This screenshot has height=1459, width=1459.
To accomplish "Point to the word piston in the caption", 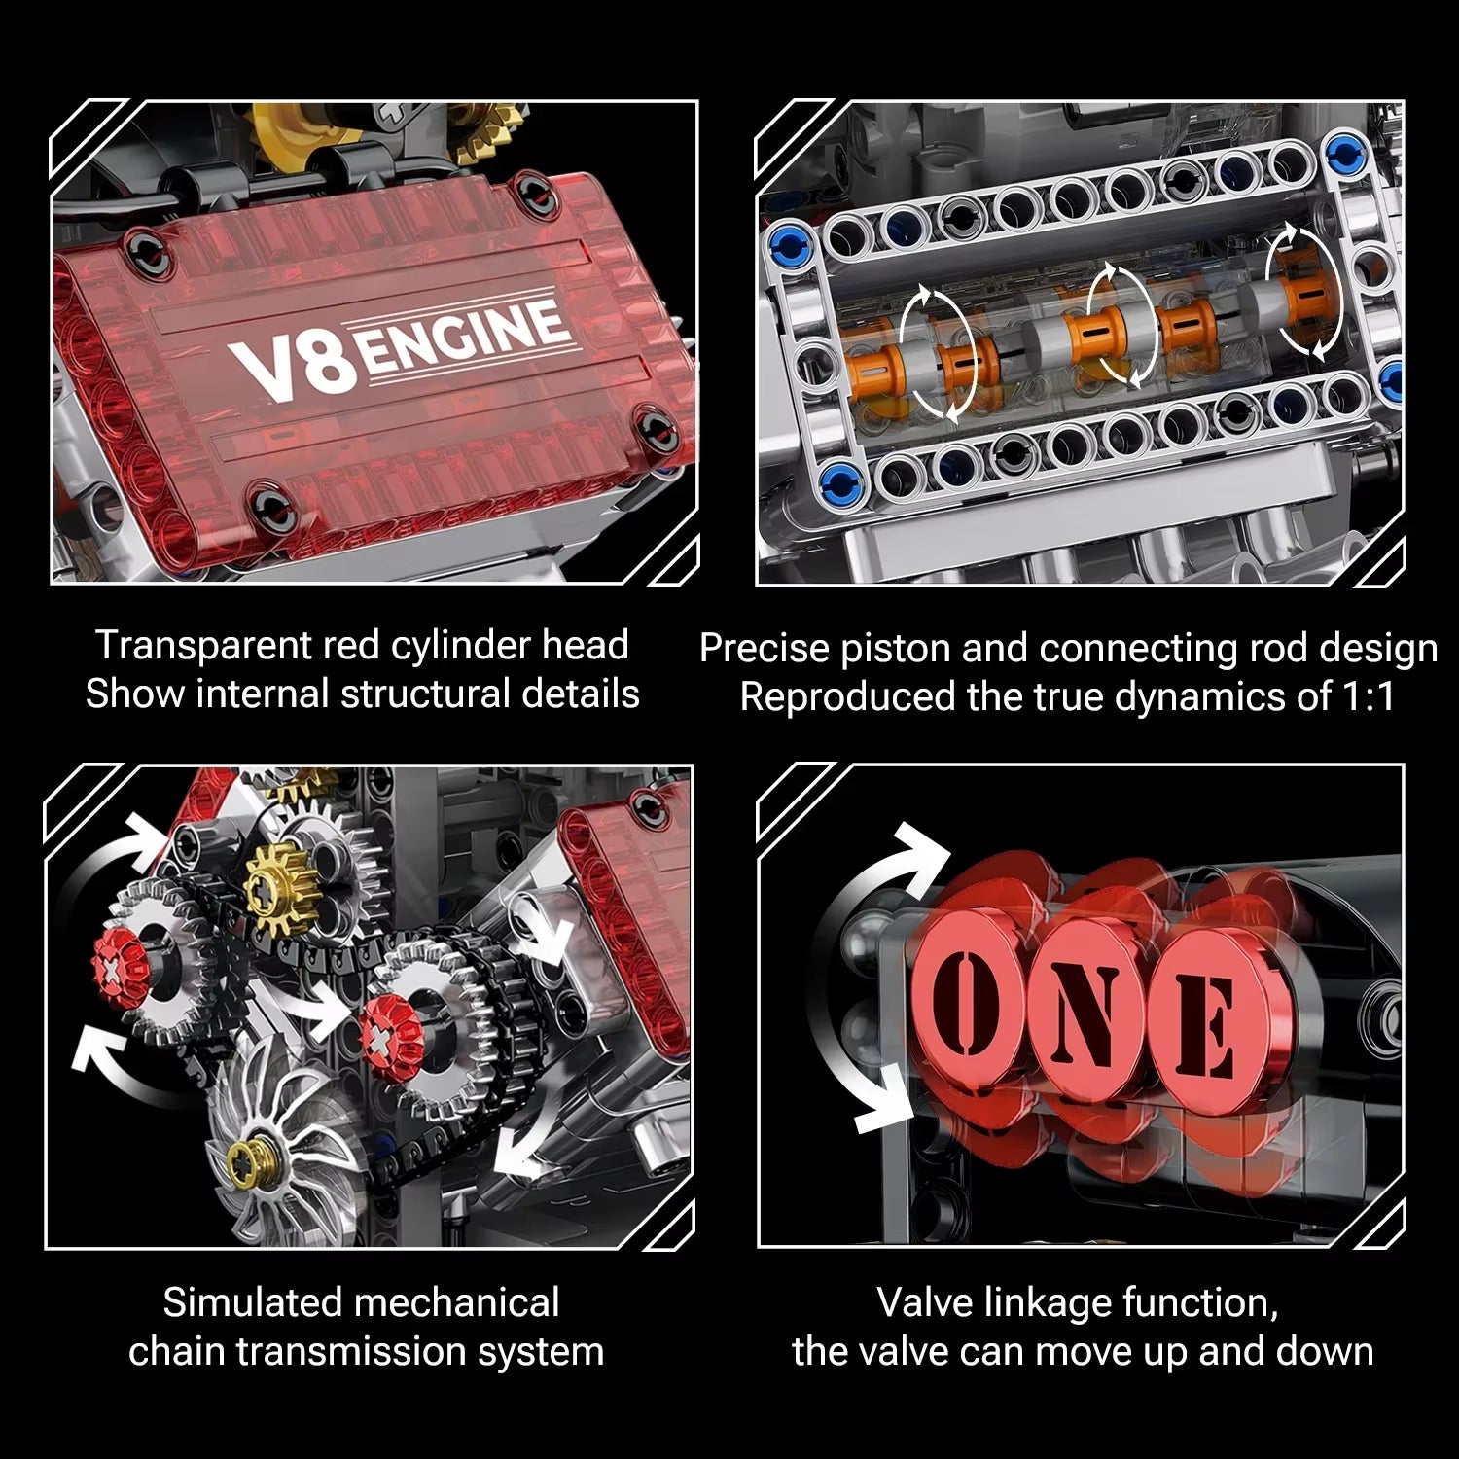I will coord(884,649).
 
